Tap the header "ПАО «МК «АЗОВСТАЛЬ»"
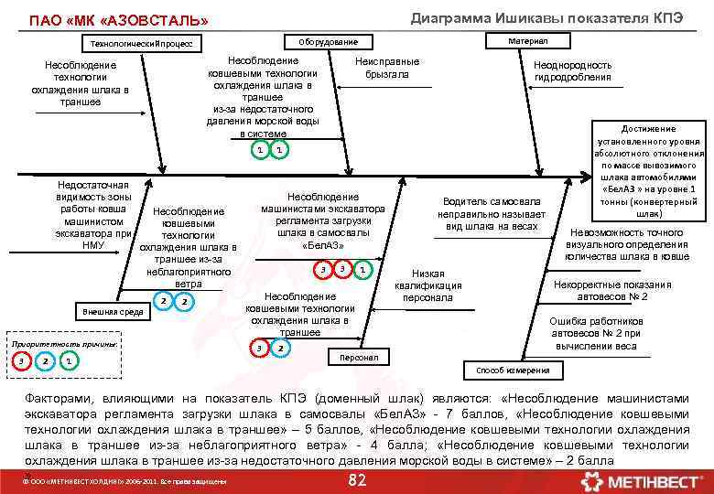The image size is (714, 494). [x=118, y=20]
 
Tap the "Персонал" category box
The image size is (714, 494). [x=358, y=358]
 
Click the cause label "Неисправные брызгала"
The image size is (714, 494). [x=387, y=68]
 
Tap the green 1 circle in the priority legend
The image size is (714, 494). [x=69, y=360]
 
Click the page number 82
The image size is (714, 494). [x=358, y=480]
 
